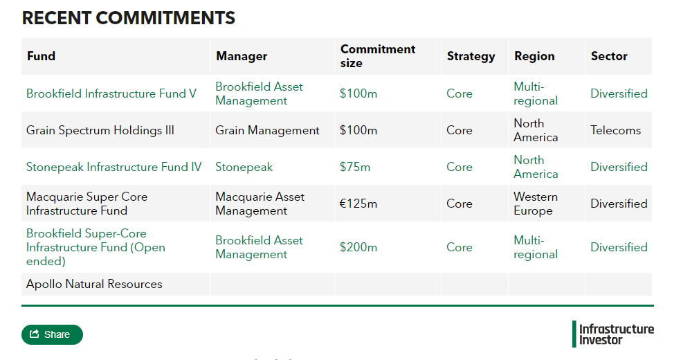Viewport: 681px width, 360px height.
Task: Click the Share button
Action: point(52,334)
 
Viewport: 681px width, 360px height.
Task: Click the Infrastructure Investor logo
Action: point(613,334)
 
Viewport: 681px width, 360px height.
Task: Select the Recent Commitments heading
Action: point(129,19)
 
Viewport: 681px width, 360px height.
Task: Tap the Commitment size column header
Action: point(377,56)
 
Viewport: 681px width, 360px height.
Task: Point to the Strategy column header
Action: point(471,56)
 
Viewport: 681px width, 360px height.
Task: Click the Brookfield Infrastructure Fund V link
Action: point(111,93)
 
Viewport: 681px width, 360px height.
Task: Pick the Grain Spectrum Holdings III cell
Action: point(100,130)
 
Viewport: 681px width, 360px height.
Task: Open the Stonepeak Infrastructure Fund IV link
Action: point(114,167)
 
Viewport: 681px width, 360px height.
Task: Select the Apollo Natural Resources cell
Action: point(94,284)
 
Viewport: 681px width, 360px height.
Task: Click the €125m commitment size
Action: point(358,204)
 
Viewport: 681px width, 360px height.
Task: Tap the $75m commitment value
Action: point(355,167)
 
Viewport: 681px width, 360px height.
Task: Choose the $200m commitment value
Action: point(358,247)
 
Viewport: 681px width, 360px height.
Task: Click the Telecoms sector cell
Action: point(615,130)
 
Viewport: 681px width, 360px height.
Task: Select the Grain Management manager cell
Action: point(267,130)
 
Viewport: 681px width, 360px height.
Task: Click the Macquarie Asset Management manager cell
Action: point(260,204)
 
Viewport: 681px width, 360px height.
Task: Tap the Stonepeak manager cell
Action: point(244,167)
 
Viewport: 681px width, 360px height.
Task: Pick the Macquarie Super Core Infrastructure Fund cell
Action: point(87,204)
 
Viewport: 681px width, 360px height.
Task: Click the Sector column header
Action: point(609,56)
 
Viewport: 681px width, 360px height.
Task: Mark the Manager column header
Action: point(242,56)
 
